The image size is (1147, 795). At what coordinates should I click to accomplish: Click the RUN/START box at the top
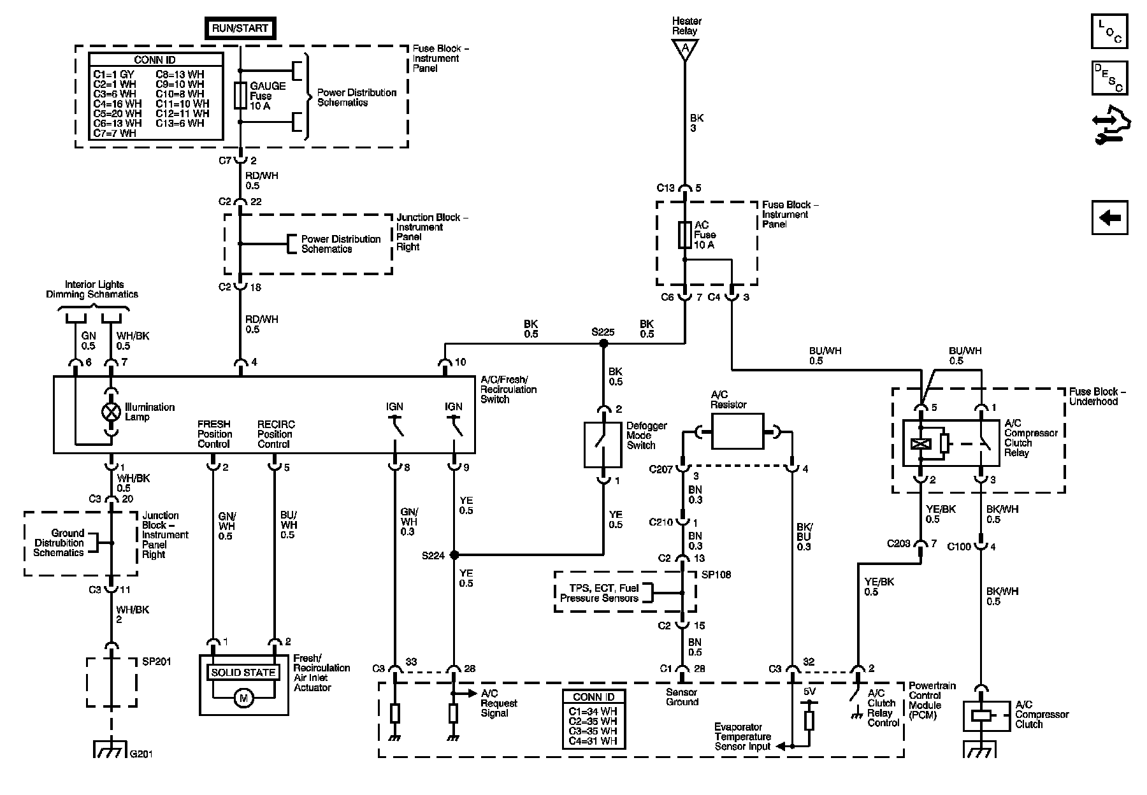click(240, 28)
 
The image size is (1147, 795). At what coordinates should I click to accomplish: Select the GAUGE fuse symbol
click(240, 96)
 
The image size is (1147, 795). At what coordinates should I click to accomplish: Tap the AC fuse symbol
click(684, 235)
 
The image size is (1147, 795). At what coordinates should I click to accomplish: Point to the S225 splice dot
click(603, 343)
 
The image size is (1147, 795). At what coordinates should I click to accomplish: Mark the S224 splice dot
click(454, 555)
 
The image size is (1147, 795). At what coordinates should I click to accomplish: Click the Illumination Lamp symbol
click(112, 412)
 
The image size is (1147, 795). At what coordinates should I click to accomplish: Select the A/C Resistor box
click(737, 431)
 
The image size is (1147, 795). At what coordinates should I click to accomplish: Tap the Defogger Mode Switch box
click(603, 445)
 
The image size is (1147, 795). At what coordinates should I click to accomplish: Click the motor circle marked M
click(243, 699)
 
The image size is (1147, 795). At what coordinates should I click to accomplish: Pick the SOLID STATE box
click(243, 673)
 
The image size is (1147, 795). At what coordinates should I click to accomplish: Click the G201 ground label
click(141, 754)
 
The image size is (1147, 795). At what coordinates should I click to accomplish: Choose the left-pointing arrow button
click(1109, 218)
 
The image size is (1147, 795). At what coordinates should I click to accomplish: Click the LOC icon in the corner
click(1109, 31)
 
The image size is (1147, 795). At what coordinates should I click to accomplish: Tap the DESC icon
click(1109, 78)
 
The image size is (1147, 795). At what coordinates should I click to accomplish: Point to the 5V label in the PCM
click(809, 692)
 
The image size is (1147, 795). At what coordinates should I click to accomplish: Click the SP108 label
click(716, 575)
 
